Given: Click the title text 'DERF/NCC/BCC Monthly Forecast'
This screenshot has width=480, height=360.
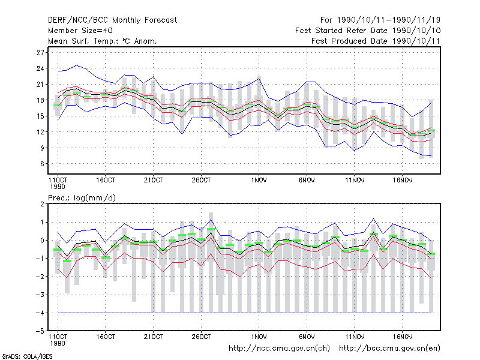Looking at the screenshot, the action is (x=112, y=20).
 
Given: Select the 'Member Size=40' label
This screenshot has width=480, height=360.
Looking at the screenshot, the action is (x=80, y=31).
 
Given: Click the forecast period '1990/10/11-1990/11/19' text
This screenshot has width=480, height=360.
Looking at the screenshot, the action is (x=388, y=20).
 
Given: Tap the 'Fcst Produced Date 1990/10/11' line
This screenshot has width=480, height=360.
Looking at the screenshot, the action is (x=376, y=41).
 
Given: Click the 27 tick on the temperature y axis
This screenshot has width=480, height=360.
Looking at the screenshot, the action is (x=40, y=53).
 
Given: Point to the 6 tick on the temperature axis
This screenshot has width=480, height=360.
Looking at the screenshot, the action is (x=42, y=164).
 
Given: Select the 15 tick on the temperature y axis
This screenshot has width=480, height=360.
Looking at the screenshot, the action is (x=40, y=116).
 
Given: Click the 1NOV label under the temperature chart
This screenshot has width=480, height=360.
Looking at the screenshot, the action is (x=259, y=181).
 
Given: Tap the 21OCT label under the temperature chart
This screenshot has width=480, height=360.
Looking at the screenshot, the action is (x=154, y=181).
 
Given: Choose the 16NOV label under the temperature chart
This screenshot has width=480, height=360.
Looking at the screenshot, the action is (x=403, y=181).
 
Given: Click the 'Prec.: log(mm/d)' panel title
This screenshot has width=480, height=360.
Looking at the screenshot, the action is (x=82, y=198).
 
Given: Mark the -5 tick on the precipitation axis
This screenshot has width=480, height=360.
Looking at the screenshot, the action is (x=40, y=331).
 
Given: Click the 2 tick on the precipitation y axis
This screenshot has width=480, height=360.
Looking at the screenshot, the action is (x=42, y=204).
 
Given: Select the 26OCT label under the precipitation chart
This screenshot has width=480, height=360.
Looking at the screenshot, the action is (x=202, y=337).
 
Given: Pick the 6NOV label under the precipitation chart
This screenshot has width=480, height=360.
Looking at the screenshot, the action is (x=307, y=337).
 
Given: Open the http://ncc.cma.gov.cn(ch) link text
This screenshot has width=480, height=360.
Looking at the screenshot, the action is (x=280, y=349).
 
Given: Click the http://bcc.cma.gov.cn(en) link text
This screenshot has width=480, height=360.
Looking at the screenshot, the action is (x=389, y=349).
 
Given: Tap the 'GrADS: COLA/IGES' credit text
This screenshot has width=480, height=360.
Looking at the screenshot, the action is (x=27, y=356).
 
